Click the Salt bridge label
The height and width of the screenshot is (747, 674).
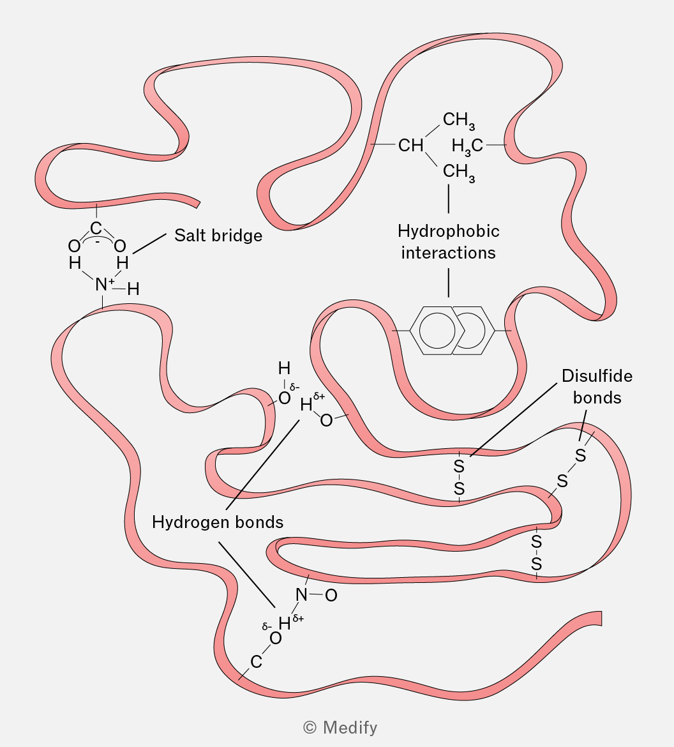218,236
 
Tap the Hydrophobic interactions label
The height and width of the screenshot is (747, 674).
448,241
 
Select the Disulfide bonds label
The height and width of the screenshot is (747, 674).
597,386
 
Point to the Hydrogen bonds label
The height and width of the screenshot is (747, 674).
218,522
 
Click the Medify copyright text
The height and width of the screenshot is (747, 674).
340,727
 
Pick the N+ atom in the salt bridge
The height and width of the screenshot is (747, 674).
101,285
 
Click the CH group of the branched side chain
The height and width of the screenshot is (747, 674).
411,146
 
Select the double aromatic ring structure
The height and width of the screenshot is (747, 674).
453,330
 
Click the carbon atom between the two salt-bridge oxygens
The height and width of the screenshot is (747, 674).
96,229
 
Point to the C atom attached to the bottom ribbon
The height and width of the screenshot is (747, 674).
256,662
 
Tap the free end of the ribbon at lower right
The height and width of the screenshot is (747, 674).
598,618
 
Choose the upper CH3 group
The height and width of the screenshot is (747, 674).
458,120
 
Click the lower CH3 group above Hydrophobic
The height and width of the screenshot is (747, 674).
458,172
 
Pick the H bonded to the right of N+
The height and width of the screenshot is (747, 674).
133,289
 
